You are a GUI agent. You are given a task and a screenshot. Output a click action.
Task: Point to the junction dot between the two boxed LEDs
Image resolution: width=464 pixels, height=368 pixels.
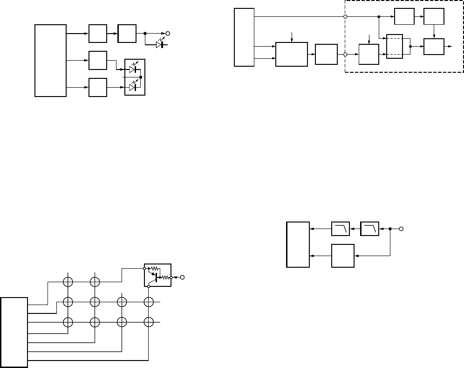pyautogui.click(x=140, y=77)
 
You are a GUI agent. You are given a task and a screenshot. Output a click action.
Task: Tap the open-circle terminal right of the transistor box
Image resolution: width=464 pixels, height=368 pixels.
pyautogui.click(x=183, y=278)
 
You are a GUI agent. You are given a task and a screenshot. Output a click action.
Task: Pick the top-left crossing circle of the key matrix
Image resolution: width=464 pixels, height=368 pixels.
pyautogui.click(x=68, y=282)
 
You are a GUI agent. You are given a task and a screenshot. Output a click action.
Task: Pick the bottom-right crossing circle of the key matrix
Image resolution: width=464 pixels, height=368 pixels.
pyautogui.click(x=148, y=322)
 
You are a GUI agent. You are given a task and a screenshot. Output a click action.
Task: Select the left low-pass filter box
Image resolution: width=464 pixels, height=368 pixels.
pyautogui.click(x=340, y=229)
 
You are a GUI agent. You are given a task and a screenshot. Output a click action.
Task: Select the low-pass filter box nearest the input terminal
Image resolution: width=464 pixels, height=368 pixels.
pyautogui.click(x=370, y=229)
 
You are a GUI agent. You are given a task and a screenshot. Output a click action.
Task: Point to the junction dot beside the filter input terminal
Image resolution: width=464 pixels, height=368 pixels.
pyautogui.click(x=390, y=229)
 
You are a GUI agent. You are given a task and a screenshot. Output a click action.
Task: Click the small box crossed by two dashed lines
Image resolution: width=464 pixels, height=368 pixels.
pyautogui.click(x=394, y=46)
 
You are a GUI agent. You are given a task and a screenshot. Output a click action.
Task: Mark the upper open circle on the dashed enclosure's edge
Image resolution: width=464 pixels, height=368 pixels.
pyautogui.click(x=345, y=17)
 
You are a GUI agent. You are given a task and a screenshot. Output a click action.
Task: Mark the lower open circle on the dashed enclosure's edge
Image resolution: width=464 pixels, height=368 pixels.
pyautogui.click(x=345, y=55)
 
